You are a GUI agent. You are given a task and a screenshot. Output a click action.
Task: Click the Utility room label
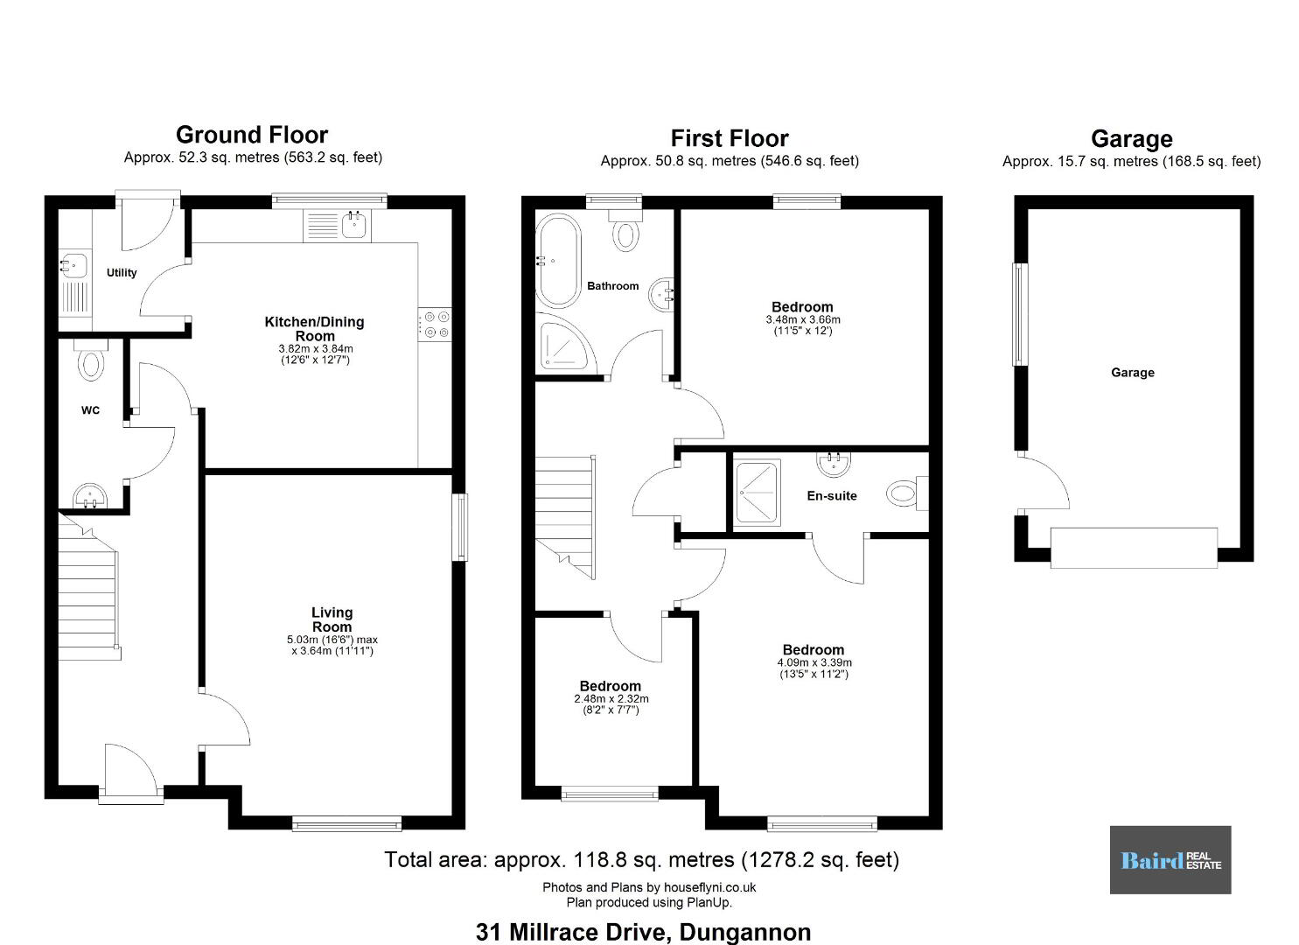(x=122, y=273)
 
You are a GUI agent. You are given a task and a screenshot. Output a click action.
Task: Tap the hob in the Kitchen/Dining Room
(x=435, y=325)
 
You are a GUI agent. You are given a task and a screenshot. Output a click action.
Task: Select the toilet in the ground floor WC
(x=91, y=360)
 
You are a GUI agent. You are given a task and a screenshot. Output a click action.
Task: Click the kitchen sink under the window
(x=353, y=225)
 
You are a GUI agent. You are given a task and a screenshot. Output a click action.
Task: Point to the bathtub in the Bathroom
(x=558, y=261)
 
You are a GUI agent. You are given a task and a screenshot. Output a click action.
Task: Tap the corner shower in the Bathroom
(x=566, y=345)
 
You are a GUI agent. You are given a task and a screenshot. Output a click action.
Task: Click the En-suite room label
(x=832, y=496)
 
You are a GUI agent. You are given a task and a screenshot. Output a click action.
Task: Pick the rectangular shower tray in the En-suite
(x=757, y=493)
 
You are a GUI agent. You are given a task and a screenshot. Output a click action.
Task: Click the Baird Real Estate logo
(x=1170, y=860)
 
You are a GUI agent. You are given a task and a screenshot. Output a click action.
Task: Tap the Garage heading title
(x=1132, y=139)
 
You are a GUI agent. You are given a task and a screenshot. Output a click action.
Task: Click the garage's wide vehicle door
(x=1134, y=548)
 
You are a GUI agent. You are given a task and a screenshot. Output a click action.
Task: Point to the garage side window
(x=1019, y=314)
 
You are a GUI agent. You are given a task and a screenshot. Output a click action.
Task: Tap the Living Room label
(x=332, y=619)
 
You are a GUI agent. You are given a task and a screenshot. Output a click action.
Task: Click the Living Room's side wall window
(x=460, y=527)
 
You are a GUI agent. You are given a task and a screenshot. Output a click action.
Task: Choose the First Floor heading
(x=730, y=138)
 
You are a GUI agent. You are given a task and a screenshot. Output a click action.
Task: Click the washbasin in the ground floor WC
(x=90, y=496)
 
